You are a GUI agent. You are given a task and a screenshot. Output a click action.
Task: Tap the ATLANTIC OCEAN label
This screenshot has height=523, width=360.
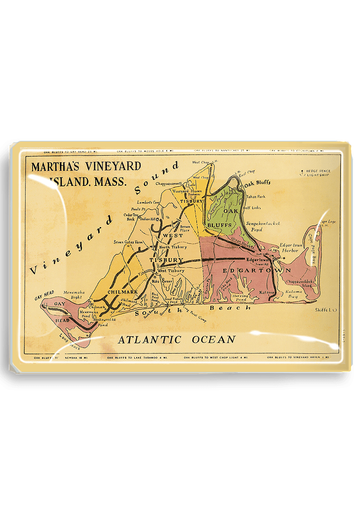pos(177,339)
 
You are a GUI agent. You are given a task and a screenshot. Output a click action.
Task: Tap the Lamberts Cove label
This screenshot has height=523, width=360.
pos(150,202)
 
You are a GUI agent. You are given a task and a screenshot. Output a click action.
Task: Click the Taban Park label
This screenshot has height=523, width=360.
pos(255,197)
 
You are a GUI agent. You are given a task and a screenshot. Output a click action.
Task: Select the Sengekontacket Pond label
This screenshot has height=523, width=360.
pos(262,226)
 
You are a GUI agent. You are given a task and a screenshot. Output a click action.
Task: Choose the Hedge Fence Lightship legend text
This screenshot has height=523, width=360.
pos(318,173)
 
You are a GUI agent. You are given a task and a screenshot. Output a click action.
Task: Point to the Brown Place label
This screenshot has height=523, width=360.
pos(185,228)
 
